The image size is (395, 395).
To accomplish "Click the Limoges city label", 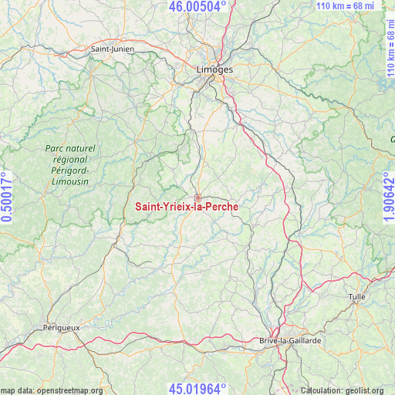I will pos(214,69).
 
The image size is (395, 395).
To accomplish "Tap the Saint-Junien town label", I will pos(113,49).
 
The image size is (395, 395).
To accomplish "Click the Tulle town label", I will pos(356,296).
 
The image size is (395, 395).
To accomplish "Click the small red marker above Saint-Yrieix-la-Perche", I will pos(197,198).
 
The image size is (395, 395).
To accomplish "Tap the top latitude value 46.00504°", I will pos(197,6).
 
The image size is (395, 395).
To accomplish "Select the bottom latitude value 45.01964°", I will pos(197,388).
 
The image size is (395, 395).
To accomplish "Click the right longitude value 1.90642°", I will pos(388,197).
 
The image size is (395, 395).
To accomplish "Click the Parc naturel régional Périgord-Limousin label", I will pos(69,164).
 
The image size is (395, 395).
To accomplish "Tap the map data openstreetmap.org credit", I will pos(52,390).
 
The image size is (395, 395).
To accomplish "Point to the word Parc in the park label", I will pos(56,148).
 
